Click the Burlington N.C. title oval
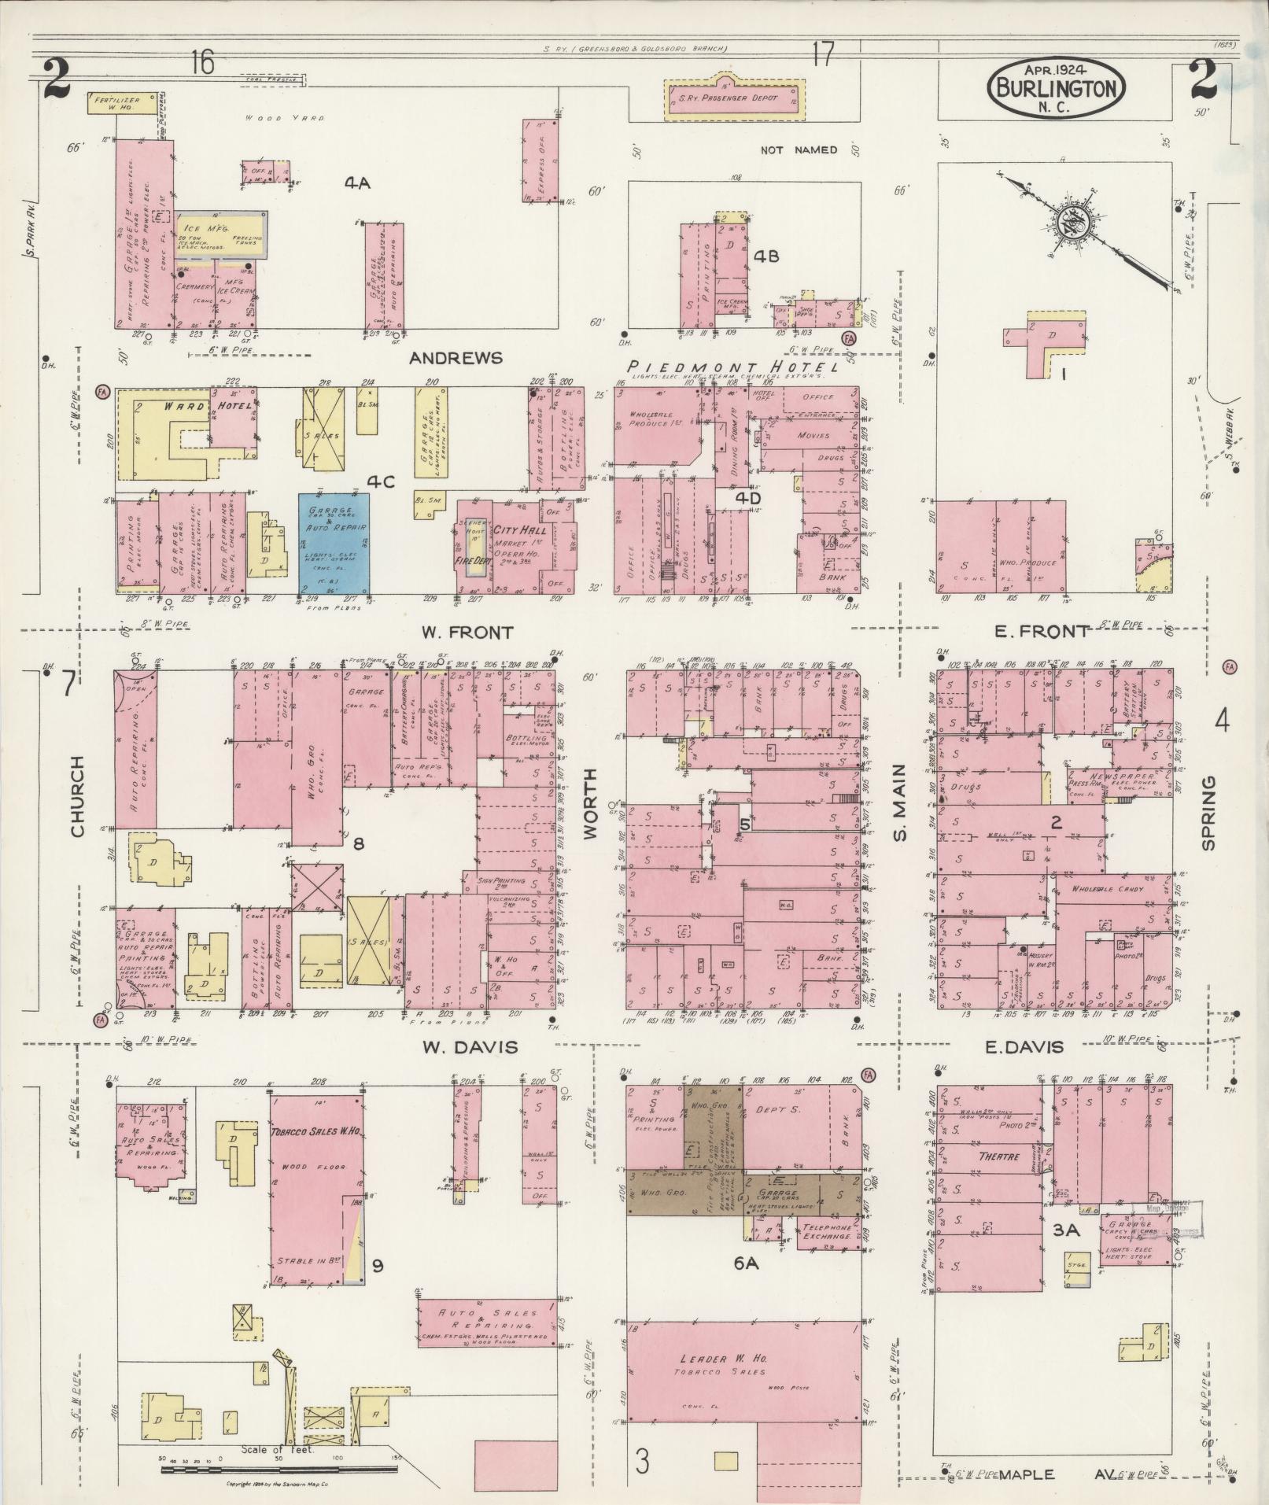1057,89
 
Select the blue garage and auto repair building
334,543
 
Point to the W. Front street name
467,632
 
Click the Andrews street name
456,358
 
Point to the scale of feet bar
279,1469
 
